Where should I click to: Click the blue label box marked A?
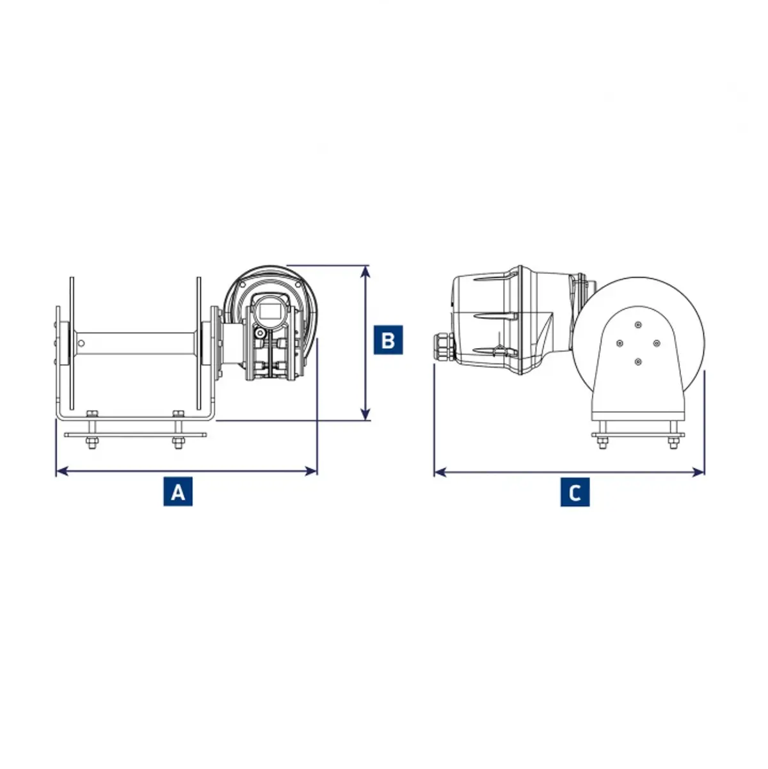click(178, 492)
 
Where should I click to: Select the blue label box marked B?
click(388, 340)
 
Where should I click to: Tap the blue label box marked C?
click(575, 493)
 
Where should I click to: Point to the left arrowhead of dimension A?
click(62, 472)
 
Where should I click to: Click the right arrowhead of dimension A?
click(310, 472)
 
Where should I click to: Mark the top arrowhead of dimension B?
click(365, 272)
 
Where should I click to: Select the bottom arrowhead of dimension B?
click(365, 414)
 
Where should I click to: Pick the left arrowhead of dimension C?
click(440, 473)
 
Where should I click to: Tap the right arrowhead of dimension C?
click(698, 473)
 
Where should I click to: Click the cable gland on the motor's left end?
click(444, 346)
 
